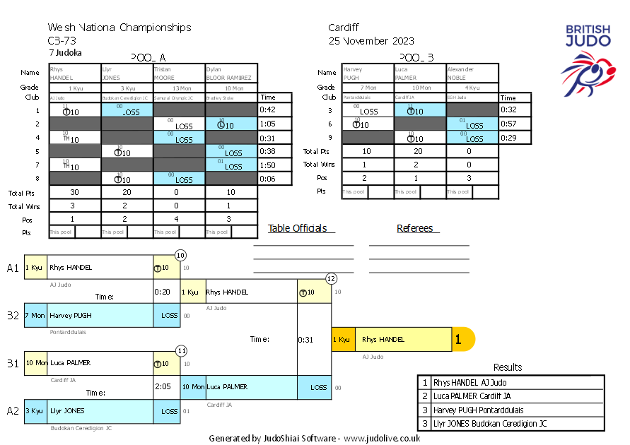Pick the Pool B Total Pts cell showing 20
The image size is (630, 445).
point(420,151)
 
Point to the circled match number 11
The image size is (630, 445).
point(181,350)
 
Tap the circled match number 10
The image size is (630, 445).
point(180,255)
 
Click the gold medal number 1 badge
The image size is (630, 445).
point(459,340)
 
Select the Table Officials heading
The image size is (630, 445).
point(298,228)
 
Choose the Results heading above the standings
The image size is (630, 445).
point(508,367)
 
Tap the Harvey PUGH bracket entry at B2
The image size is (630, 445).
point(100,315)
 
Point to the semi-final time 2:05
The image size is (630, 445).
point(162,387)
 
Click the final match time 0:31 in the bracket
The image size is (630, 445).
point(305,340)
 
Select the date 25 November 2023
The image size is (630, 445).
point(371,41)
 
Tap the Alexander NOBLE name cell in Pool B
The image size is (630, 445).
point(472,73)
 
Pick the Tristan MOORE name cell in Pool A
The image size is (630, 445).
point(179,73)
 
